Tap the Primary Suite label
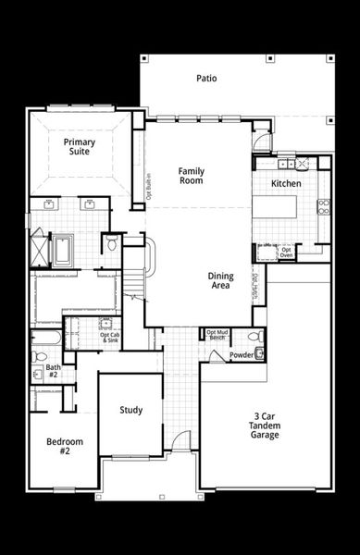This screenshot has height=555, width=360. pos(80,147)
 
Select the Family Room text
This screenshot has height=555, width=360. pos(191,175)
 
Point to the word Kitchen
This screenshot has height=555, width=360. pos(286,184)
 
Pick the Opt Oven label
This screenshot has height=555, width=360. pos(287,252)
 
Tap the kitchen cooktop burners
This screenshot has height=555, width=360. pos(324,206)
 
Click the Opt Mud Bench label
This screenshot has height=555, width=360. pos(217,335)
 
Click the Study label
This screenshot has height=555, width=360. pos(130,410)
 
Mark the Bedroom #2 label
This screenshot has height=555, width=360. pos(64,446)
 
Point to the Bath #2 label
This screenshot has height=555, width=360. pos(53,371)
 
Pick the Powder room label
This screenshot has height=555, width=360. pos(242,354)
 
